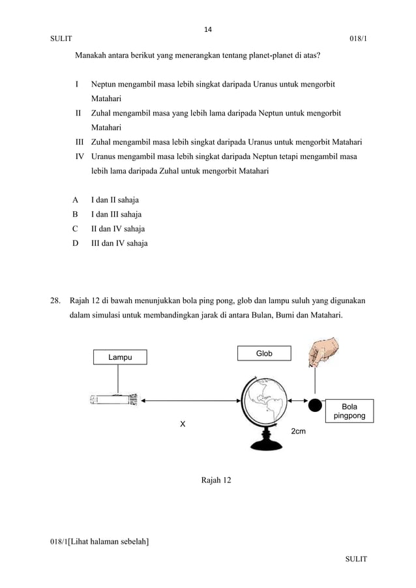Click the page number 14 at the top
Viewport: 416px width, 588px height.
tap(209, 29)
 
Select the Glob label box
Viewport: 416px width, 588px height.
tap(264, 353)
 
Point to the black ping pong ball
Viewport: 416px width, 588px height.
tap(316, 405)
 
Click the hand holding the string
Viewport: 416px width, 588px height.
tap(324, 351)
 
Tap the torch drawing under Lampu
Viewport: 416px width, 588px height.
tap(114, 400)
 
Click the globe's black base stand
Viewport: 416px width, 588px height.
tap(266, 443)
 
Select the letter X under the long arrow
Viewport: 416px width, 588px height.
tap(183, 424)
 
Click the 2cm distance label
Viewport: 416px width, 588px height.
tap(298, 432)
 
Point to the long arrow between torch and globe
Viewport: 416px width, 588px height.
tap(189, 401)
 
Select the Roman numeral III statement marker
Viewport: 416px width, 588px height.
tap(80, 141)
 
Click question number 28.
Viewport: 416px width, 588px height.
tap(56, 302)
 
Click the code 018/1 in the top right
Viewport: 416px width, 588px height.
tap(357, 40)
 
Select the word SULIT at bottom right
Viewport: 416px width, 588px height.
tap(356, 559)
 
